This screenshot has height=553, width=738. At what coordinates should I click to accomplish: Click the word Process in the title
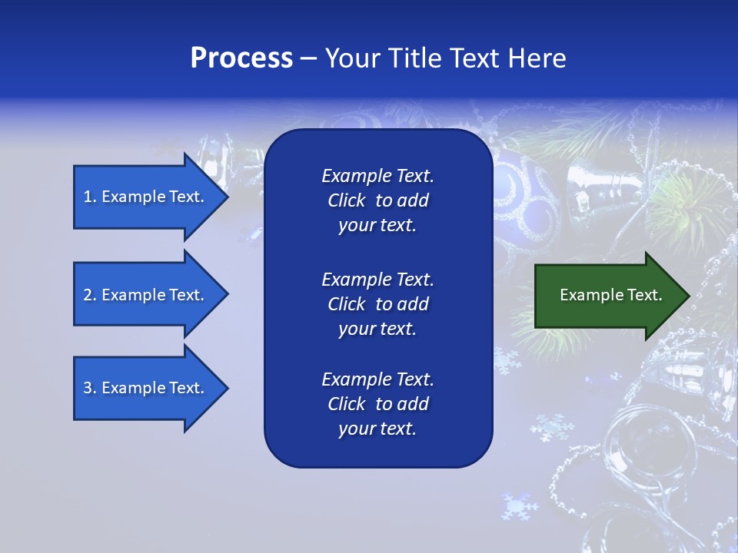(x=241, y=58)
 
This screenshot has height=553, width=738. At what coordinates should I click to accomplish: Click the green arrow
(x=607, y=295)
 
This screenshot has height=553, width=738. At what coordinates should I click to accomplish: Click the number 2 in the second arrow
(x=88, y=295)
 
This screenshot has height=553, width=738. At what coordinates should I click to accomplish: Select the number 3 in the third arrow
(x=88, y=388)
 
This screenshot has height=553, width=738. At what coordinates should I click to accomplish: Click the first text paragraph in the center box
(x=377, y=200)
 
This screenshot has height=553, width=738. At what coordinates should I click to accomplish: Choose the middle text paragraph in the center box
(x=377, y=304)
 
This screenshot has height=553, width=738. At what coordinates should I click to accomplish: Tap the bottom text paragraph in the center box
(x=377, y=404)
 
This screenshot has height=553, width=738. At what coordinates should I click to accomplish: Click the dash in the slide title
(x=308, y=59)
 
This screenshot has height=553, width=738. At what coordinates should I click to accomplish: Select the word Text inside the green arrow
(x=645, y=295)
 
